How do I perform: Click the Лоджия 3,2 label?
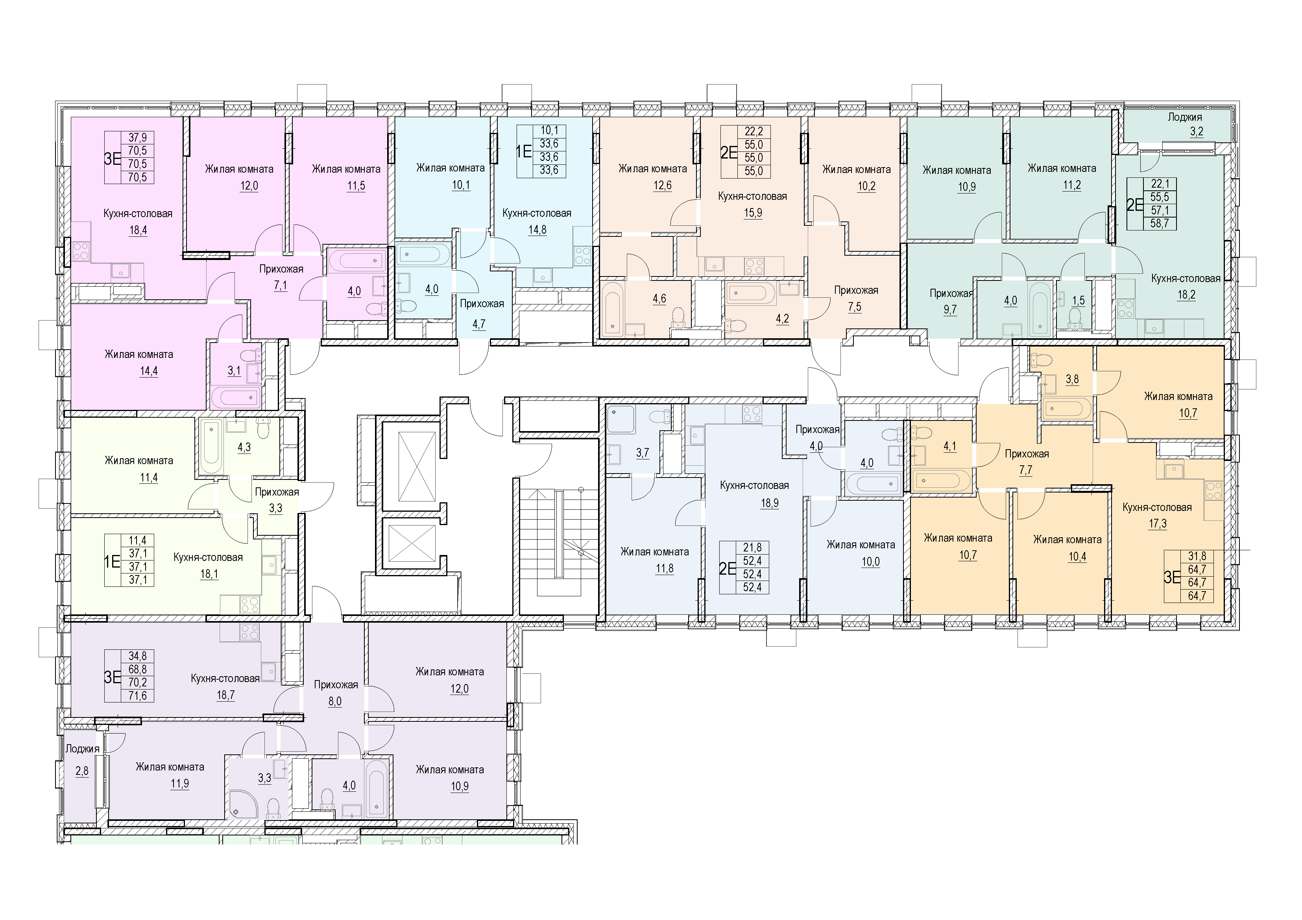pyautogui.click(x=1185, y=124)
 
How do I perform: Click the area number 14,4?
pyautogui.click(x=149, y=371)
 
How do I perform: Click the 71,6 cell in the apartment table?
pyautogui.click(x=137, y=695)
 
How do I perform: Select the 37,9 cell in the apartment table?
pyautogui.click(x=137, y=137)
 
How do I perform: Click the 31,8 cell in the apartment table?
pyautogui.click(x=1197, y=557)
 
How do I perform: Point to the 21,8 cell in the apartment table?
pyautogui.click(x=752, y=548)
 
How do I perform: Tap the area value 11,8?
pyautogui.click(x=664, y=568)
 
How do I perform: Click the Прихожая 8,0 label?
pyautogui.click(x=336, y=693)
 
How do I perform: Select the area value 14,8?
pyautogui.click(x=537, y=230)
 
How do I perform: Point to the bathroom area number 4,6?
pyautogui.click(x=659, y=299)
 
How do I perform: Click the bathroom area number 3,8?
pyautogui.click(x=1072, y=379)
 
